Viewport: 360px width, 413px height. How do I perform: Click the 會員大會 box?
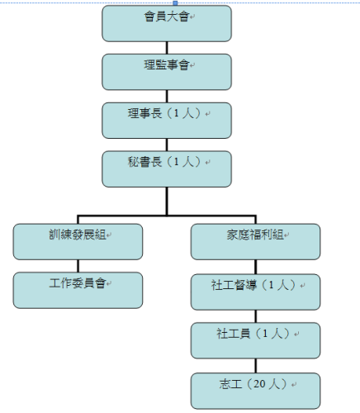point(167,23)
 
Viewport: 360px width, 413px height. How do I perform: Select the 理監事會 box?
point(167,72)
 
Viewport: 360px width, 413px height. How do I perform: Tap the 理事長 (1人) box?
point(167,121)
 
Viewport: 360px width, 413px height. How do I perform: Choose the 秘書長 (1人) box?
point(167,169)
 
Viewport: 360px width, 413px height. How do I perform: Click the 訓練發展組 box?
point(78,242)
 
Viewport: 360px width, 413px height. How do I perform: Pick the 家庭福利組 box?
point(255,242)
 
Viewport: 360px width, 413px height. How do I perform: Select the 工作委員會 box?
point(78,290)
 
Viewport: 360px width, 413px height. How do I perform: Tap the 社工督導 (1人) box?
point(255,292)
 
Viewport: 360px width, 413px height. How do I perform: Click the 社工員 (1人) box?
point(255,340)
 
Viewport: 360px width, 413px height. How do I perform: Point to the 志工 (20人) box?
point(255,391)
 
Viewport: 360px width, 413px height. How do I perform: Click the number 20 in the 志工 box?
point(259,384)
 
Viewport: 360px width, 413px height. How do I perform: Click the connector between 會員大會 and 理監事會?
point(167,48)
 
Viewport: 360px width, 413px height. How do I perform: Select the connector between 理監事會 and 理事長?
point(167,97)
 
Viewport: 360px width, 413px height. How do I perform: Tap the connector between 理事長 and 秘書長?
point(167,145)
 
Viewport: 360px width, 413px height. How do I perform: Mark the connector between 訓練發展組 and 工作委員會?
point(78,266)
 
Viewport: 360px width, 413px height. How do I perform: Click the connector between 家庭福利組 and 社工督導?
point(255,267)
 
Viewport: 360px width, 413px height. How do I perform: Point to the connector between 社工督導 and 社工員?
point(255,316)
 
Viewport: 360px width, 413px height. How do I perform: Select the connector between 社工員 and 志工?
point(255,366)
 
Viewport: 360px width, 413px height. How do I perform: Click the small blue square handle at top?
point(175,3)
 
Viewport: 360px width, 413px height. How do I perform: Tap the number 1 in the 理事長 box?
point(177,113)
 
